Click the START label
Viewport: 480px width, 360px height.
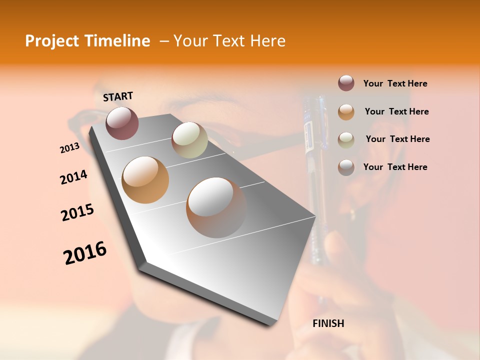tap(118, 96)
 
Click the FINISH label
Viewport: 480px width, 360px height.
tap(328, 323)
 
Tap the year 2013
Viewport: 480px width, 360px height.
tap(69, 148)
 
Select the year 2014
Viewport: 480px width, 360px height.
tap(73, 177)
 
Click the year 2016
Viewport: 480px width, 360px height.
tap(85, 253)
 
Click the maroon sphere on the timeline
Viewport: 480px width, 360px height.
tap(122, 123)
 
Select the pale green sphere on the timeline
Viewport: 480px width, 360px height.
tap(189, 140)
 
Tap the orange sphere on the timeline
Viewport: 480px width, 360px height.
tap(145, 179)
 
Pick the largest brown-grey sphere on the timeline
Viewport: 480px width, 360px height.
tap(216, 207)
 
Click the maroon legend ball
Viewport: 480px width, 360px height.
tap(346, 83)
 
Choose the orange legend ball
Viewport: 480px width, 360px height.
tap(346, 111)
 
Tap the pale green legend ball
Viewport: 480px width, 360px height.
tap(346, 139)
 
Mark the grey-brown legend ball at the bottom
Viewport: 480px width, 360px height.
tap(346, 167)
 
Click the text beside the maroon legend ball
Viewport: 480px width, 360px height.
tap(395, 83)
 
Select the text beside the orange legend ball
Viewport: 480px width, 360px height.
tap(396, 111)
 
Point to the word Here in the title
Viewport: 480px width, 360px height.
tap(267, 41)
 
